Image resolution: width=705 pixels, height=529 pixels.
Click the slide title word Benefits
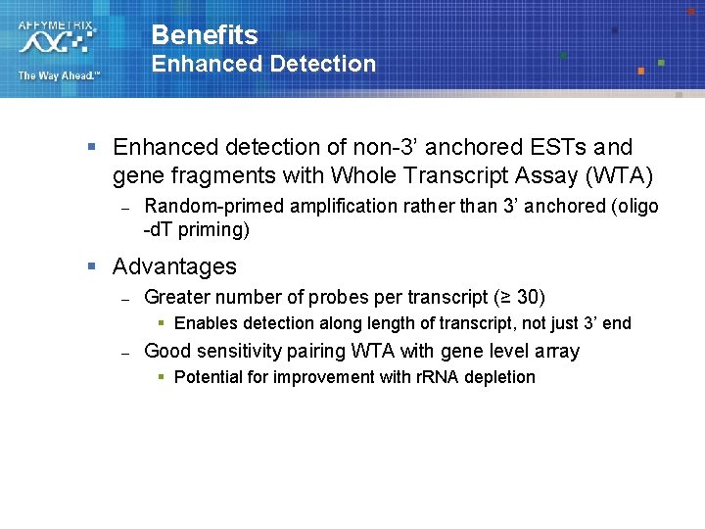pos(204,36)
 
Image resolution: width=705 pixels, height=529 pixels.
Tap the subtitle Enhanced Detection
pos(262,65)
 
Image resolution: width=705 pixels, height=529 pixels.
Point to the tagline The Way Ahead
pos(58,75)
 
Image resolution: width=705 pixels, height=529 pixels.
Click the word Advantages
pos(174,266)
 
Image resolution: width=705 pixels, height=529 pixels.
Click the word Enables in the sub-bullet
pos(205,323)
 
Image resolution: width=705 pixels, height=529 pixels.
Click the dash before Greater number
pos(125,298)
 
